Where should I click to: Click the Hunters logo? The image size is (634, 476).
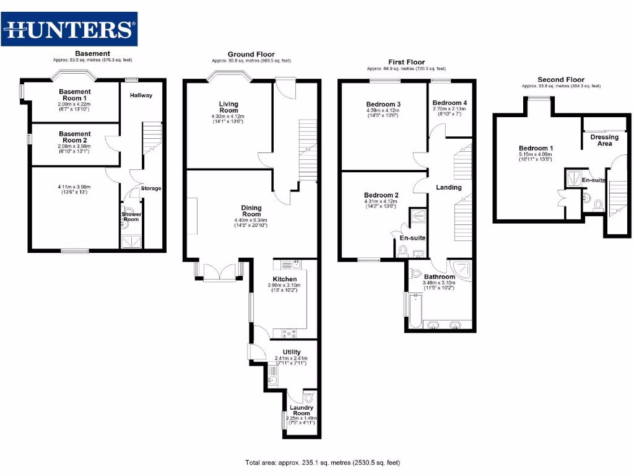(x=69, y=29)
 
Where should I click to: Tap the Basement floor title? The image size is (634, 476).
(x=92, y=53)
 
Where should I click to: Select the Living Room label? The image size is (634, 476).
(x=228, y=107)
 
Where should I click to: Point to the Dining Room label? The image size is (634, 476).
(x=251, y=211)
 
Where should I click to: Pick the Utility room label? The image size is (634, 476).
(x=291, y=352)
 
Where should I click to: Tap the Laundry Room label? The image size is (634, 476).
(x=302, y=410)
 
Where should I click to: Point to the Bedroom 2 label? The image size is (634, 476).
(x=381, y=195)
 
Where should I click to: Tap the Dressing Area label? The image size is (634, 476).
(x=604, y=140)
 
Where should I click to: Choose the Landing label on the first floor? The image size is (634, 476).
(x=448, y=187)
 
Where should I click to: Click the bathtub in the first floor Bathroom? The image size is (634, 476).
(x=413, y=310)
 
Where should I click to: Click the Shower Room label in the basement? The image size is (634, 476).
(x=131, y=217)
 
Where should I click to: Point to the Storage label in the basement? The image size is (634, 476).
(x=151, y=188)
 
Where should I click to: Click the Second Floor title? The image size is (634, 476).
(x=560, y=79)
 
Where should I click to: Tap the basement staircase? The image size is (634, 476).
(x=152, y=138)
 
